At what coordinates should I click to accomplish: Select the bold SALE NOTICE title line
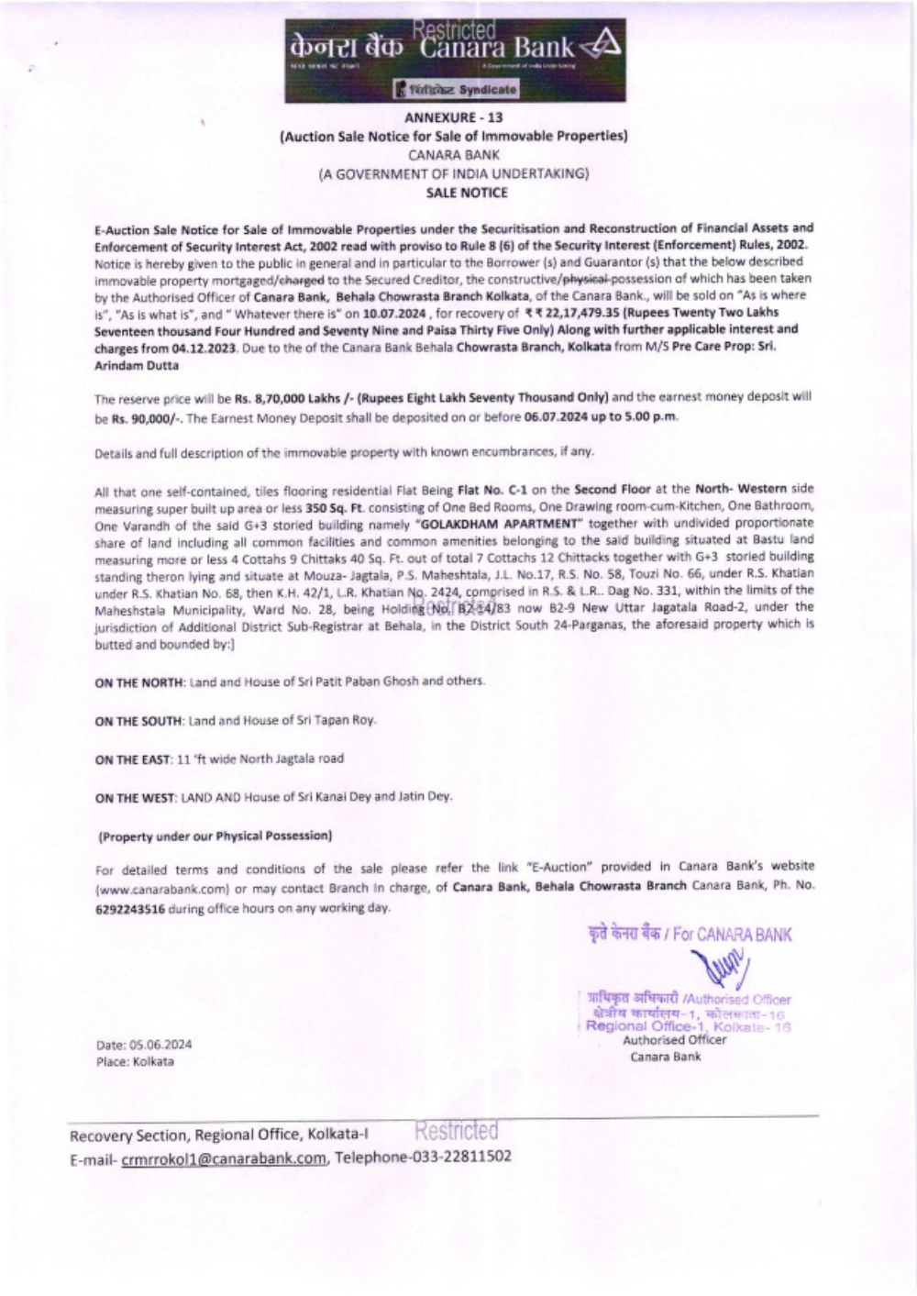click(x=466, y=193)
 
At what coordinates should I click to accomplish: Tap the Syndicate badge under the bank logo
click(x=456, y=90)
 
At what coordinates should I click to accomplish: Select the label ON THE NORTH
click(x=140, y=681)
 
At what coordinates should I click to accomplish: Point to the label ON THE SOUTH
click(x=139, y=721)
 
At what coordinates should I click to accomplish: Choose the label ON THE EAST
click(x=134, y=759)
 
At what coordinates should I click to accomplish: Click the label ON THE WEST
click(x=137, y=798)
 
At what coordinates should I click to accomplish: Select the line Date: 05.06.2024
click(x=144, y=1045)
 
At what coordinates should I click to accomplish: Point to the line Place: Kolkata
click(x=134, y=1062)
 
